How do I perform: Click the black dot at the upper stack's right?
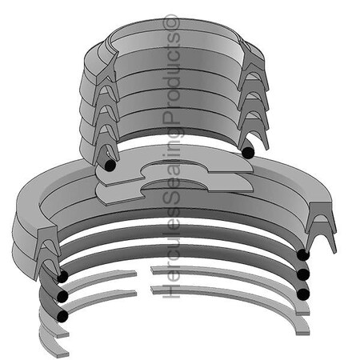(x=248, y=152)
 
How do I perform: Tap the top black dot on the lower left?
(x=61, y=277)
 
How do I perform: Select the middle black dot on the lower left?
(x=61, y=297)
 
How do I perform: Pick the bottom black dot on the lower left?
(x=61, y=316)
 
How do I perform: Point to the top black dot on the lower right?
(x=302, y=255)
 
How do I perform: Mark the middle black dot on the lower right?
(x=302, y=274)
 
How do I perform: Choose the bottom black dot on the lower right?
(x=302, y=294)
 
